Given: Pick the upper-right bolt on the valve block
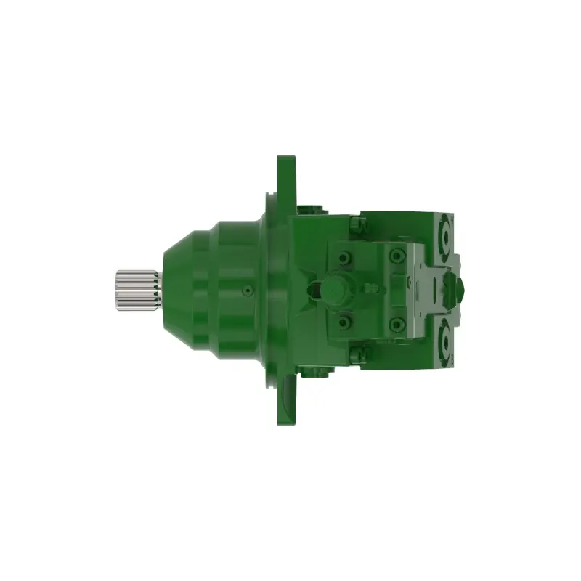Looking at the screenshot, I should pyautogui.click(x=397, y=256).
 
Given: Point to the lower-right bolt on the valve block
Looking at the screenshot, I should pyautogui.click(x=397, y=322).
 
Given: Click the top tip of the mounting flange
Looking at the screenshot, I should pyautogui.click(x=286, y=158).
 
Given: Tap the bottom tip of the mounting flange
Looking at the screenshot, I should pyautogui.click(x=286, y=421).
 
